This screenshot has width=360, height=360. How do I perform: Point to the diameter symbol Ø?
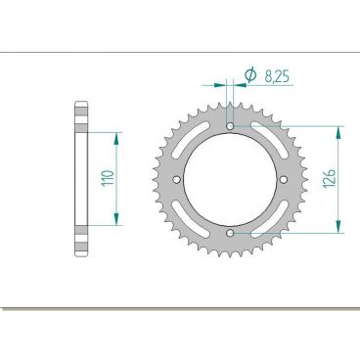(249, 74)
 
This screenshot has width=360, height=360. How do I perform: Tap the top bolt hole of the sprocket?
(230, 126)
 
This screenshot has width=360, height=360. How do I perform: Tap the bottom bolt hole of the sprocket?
(230, 234)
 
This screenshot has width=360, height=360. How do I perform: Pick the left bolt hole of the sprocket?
(176, 180)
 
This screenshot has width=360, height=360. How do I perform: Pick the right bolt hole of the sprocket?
(284, 180)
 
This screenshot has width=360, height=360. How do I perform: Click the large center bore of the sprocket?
(230, 180)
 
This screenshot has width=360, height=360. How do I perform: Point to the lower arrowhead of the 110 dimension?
(118, 224)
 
